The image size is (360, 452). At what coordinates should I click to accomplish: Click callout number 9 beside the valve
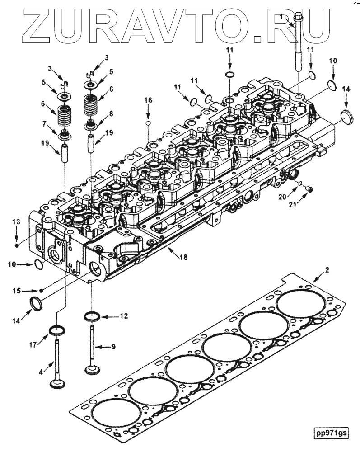[x=113, y=347]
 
